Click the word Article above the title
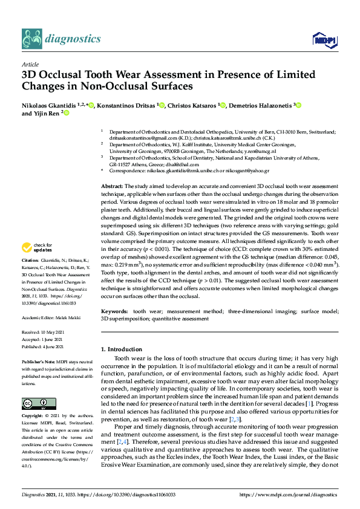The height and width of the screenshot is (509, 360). coord(30,64)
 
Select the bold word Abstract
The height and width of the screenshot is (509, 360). coord(111,187)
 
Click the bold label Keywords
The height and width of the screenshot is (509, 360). coord(114,311)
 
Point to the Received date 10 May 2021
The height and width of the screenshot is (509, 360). coord(54,332)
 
